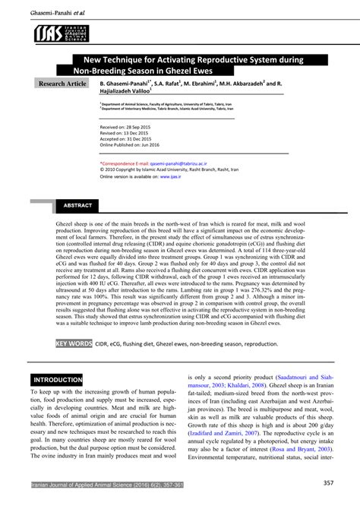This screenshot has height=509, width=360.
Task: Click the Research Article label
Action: coord(63,82)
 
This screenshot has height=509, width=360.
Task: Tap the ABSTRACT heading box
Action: coord(77,206)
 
